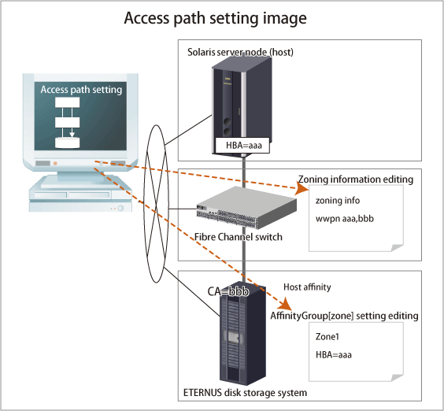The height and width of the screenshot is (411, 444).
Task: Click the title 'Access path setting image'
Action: click(215, 18)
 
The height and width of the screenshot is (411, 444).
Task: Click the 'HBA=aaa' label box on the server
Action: click(242, 146)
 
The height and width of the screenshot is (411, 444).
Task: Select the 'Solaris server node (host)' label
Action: click(240, 52)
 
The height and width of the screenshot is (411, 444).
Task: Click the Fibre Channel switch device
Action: click(246, 207)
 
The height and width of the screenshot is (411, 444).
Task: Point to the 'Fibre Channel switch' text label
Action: click(239, 237)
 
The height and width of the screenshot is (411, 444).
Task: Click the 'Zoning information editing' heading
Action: click(356, 180)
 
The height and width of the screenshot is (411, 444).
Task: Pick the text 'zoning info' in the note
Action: click(338, 200)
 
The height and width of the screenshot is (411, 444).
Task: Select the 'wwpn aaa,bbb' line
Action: click(345, 218)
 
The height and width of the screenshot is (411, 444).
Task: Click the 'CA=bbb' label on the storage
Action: click(228, 291)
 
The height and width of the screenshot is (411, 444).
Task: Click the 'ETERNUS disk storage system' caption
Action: click(245, 393)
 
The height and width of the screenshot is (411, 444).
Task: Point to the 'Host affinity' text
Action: click(307, 287)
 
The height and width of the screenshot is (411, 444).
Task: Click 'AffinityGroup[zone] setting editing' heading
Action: click(344, 316)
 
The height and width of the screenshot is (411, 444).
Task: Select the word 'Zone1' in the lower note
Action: click(327, 336)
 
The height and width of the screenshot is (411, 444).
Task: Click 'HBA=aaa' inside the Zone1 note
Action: click(334, 354)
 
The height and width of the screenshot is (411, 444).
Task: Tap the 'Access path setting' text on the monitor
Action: click(81, 90)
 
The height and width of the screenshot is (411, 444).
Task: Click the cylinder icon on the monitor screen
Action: click(67, 143)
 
